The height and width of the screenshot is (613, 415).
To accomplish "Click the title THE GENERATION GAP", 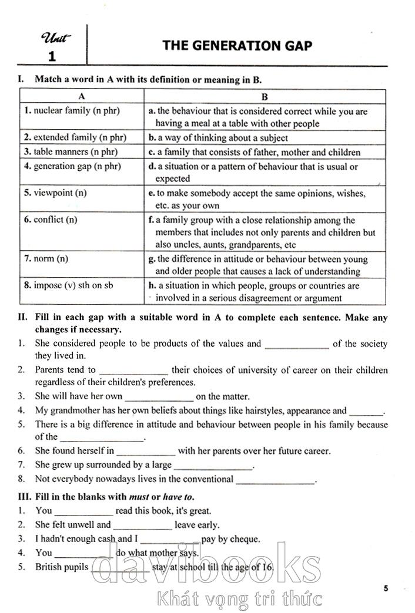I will pos(237,46).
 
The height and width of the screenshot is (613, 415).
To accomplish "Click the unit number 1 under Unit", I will pos(52,57).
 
